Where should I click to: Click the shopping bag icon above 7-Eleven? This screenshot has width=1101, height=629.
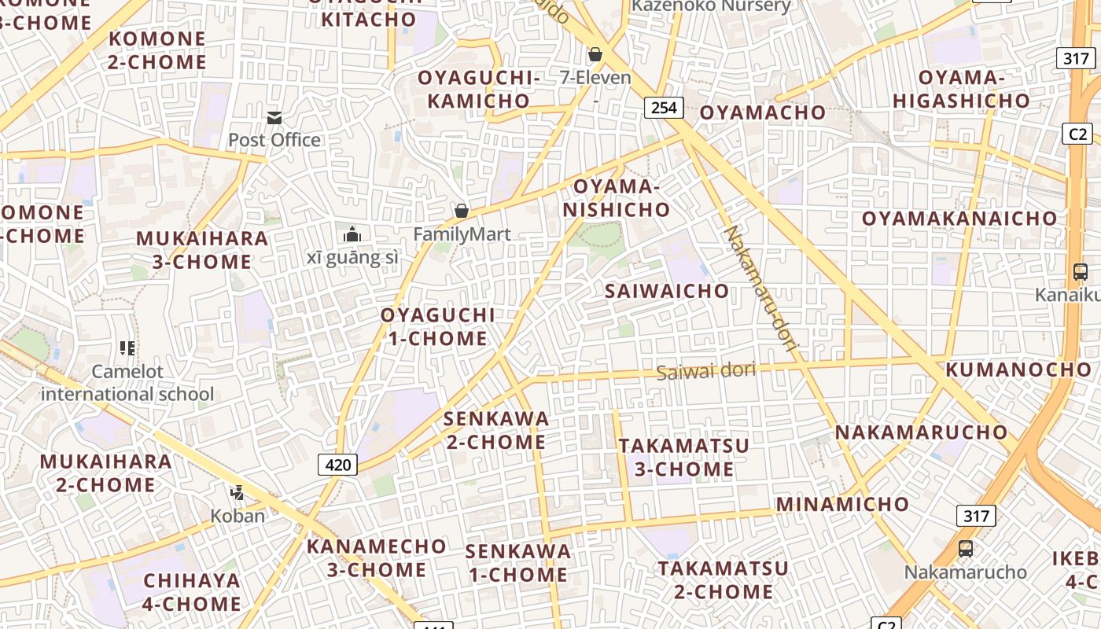[x=595, y=54]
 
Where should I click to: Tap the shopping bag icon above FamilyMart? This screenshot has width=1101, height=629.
[x=462, y=211]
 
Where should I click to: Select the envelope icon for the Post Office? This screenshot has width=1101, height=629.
[x=274, y=118]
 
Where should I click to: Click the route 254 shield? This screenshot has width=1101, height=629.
[x=664, y=107]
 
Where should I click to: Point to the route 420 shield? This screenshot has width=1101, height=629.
[x=338, y=465]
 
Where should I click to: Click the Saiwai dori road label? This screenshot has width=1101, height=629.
[x=705, y=370]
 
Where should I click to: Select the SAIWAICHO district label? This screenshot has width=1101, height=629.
[x=667, y=291]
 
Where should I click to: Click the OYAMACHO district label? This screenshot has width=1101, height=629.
[x=762, y=112]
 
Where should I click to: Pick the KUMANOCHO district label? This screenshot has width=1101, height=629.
[x=1018, y=370]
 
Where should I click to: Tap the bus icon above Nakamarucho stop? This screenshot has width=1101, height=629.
[x=965, y=548]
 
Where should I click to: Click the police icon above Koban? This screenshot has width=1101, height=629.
[x=237, y=493]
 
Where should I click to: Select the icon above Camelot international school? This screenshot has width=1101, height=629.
[x=127, y=348]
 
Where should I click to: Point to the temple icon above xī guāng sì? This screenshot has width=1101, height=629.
[x=352, y=234]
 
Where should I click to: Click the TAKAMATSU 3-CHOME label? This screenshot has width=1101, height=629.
[x=684, y=458]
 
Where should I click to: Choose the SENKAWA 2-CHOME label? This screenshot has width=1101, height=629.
[x=496, y=430]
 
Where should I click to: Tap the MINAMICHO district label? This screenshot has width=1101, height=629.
[x=842, y=504]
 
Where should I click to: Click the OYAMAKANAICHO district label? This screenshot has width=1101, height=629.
[x=959, y=219]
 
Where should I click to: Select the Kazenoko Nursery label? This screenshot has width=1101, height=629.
[x=711, y=6]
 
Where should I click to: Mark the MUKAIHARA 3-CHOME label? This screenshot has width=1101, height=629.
[x=202, y=250]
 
